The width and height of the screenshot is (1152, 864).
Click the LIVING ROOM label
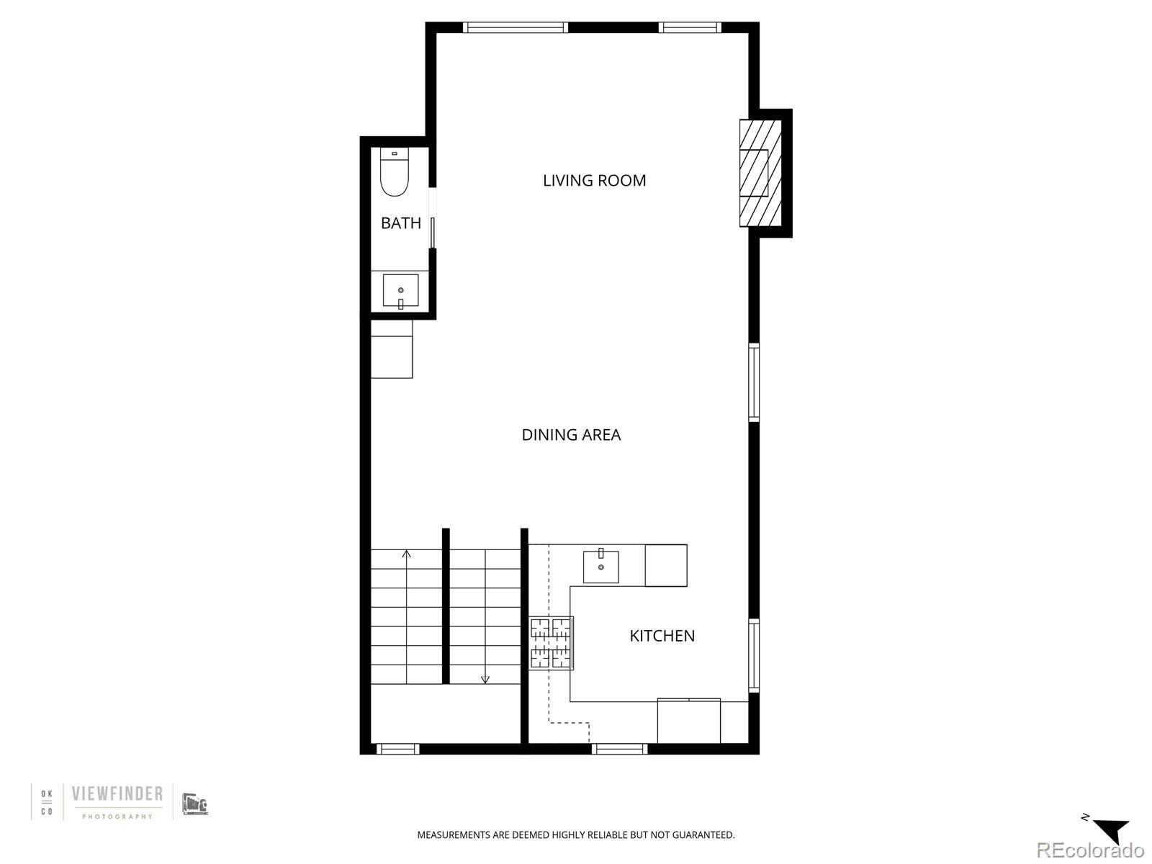click(594, 181)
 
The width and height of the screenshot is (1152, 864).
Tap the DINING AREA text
click(571, 435)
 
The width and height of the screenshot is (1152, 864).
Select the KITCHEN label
click(662, 636)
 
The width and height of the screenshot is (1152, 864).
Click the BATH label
click(400, 223)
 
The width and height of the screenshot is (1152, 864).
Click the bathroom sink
click(400, 290)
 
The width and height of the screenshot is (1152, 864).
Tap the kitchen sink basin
click(600, 567)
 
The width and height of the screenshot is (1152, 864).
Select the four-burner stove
click(552, 643)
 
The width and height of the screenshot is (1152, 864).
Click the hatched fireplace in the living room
click(760, 174)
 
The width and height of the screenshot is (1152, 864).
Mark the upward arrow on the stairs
click(407, 554)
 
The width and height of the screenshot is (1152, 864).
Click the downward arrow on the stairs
click(485, 678)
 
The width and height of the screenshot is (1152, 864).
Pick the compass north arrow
click(1110, 831)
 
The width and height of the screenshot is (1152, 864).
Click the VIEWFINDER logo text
click(117, 794)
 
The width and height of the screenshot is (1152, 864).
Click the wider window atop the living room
click(515, 28)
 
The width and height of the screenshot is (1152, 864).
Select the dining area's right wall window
click(754, 382)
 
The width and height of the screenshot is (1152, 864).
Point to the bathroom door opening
click(433, 218)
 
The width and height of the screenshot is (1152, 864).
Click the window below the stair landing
click(397, 750)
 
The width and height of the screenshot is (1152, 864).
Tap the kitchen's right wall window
click(754, 655)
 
